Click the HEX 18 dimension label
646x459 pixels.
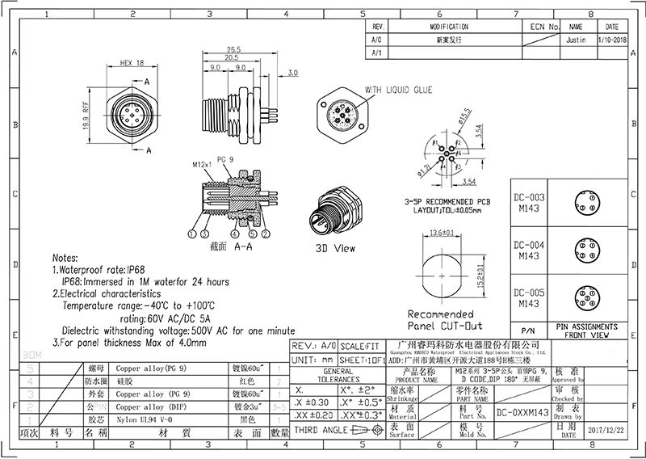[x=131, y=62]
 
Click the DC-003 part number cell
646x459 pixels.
[x=529, y=196]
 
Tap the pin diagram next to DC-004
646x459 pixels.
[x=584, y=249]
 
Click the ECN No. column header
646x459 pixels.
[x=539, y=26]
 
